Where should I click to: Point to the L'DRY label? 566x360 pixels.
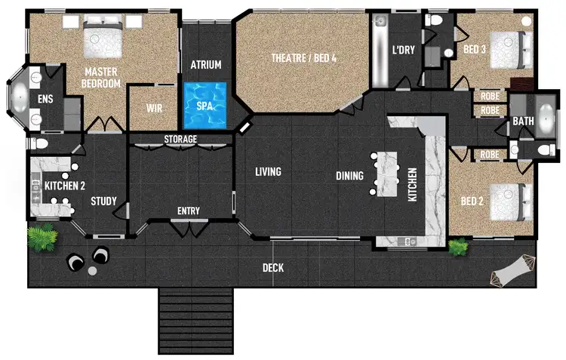403,51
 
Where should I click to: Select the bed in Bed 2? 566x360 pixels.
507,202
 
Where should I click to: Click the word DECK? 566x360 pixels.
273,268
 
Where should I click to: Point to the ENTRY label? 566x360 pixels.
188,211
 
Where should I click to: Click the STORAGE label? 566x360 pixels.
180,140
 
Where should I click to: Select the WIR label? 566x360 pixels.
154,108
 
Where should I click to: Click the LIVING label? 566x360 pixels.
267,172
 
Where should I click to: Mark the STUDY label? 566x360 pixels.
103,202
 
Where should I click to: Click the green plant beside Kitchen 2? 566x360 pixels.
42,238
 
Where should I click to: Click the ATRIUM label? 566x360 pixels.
205,65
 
